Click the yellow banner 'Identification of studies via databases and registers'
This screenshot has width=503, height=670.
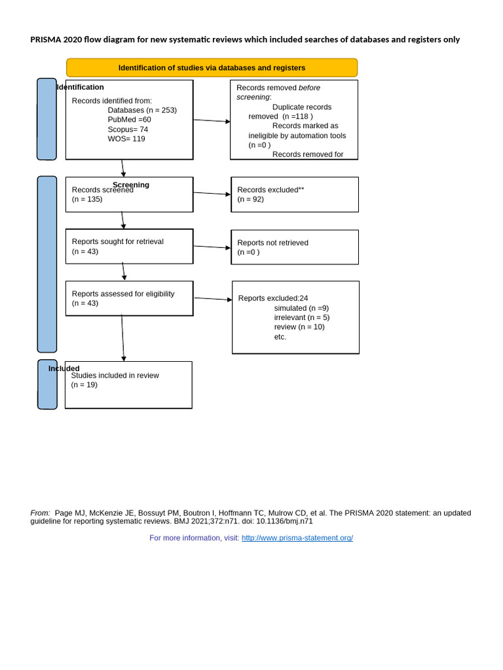pyautogui.click(x=212, y=68)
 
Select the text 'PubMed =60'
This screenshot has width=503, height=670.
pyautogui.click(x=129, y=120)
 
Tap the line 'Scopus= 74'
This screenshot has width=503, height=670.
pyautogui.click(x=128, y=130)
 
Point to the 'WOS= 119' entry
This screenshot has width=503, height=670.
pyautogui.click(x=126, y=139)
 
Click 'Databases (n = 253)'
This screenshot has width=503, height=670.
pyautogui.click(x=142, y=110)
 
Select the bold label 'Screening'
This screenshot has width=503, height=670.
pyautogui.click(x=131, y=185)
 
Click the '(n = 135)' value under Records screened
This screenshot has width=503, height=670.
pyautogui.click(x=87, y=199)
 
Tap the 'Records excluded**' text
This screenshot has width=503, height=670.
pyautogui.click(x=270, y=190)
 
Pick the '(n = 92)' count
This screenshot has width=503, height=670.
pyautogui.click(x=251, y=199)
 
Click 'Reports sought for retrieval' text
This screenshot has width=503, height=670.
pyautogui.click(x=118, y=241)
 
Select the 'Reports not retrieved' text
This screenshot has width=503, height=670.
pyautogui.click(x=272, y=243)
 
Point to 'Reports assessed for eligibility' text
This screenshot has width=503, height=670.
pyautogui.click(x=123, y=294)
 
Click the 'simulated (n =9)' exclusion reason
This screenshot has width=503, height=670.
pyautogui.click(x=301, y=308)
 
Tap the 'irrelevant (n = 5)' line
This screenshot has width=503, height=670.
pyautogui.click(x=302, y=317)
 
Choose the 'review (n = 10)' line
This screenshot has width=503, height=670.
pyautogui.click(x=299, y=327)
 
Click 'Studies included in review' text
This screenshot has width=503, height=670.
pyautogui.click(x=115, y=376)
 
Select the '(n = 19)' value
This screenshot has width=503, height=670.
pyautogui.click(x=84, y=385)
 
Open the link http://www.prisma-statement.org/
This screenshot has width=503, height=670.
pyautogui.click(x=297, y=538)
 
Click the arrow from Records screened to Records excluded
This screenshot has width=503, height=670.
pyautogui.click(x=212, y=194)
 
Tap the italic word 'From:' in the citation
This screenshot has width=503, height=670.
pyautogui.click(x=40, y=513)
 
